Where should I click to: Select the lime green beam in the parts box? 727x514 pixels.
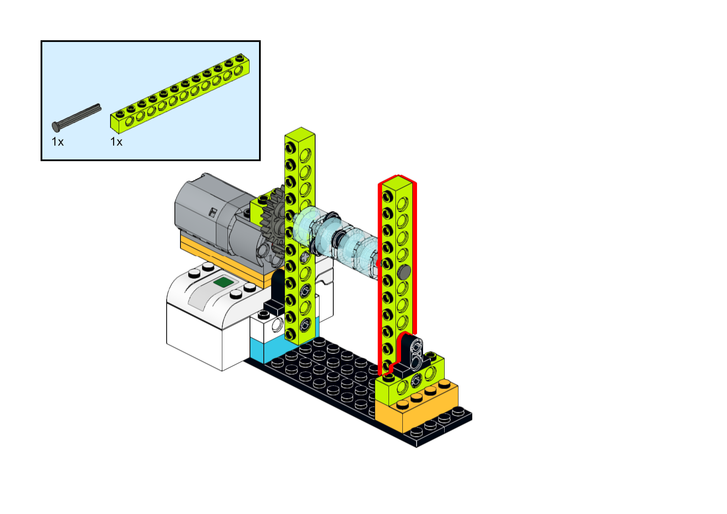[x=180, y=93]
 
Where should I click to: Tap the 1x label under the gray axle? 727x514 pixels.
[x=57, y=142]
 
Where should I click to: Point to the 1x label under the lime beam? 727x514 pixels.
[x=116, y=142]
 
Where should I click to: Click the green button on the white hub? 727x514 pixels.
[x=224, y=282]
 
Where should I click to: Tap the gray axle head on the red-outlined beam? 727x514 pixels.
[x=404, y=272]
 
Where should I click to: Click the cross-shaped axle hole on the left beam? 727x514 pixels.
[x=305, y=257]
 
